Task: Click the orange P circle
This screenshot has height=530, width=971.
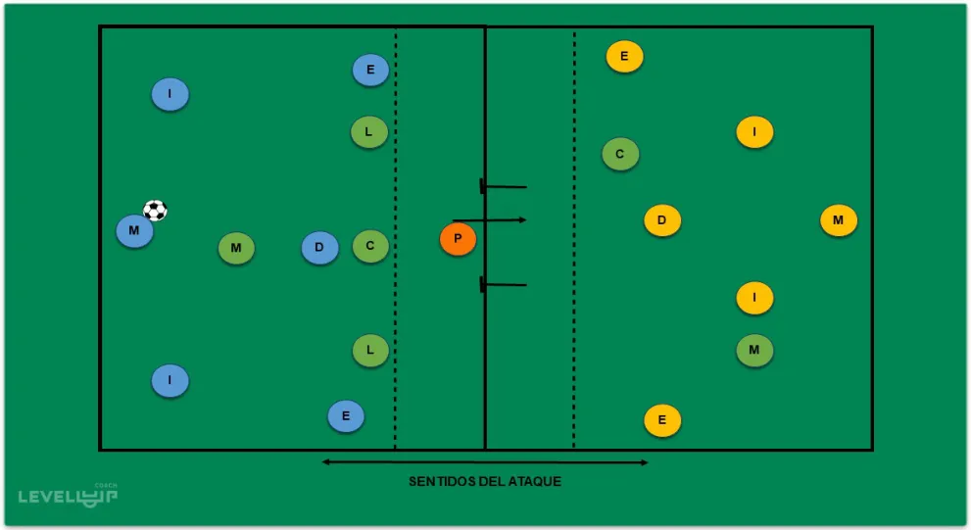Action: tap(458, 239)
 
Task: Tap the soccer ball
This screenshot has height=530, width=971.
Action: tap(155, 211)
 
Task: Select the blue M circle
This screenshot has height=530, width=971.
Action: tap(134, 231)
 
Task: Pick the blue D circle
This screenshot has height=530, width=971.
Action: tap(319, 247)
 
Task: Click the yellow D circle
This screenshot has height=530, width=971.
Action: tap(662, 220)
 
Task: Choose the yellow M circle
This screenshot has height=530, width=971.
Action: tap(838, 220)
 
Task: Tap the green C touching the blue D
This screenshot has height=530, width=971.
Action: tap(370, 246)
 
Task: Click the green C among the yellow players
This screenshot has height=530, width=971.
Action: tap(620, 154)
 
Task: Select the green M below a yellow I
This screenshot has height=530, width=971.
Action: tap(754, 350)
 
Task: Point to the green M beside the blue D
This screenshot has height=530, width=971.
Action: tap(236, 249)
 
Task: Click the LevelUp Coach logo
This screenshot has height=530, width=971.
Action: tap(69, 495)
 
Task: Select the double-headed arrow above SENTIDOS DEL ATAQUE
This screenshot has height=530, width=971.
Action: tap(485, 461)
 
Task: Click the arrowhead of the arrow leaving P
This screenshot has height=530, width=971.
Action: tap(523, 219)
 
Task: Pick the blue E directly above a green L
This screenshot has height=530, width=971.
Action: tap(370, 70)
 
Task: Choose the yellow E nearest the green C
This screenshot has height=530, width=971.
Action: tap(624, 57)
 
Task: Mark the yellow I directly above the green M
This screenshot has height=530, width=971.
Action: tap(754, 297)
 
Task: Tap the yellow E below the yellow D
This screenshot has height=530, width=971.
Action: tap(662, 421)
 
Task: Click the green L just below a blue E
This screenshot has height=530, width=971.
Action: tap(369, 131)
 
